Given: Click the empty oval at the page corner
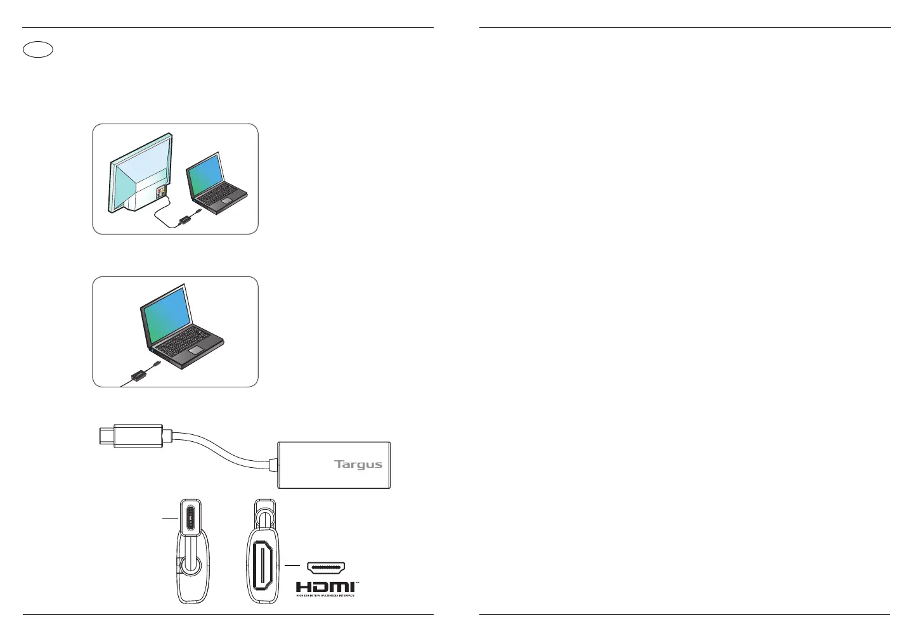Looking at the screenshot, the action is [37, 49].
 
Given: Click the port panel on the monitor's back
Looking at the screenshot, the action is [163, 191].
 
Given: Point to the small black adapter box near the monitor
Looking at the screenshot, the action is [186, 219].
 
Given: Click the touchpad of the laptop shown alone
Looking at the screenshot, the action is [195, 350].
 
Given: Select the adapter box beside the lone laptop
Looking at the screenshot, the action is [136, 376].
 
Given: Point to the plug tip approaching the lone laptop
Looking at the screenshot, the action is [156, 364].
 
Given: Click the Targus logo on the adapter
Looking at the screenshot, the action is [358, 464].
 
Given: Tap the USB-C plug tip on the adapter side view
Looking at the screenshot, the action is [107, 436].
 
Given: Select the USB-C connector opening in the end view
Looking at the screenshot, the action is [191, 519].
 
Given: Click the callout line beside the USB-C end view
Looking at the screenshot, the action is [169, 519].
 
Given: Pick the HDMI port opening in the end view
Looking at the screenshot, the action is [262, 564].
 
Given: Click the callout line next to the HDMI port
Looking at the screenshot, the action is [292, 564].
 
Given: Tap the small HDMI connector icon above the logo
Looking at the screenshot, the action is [326, 567].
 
